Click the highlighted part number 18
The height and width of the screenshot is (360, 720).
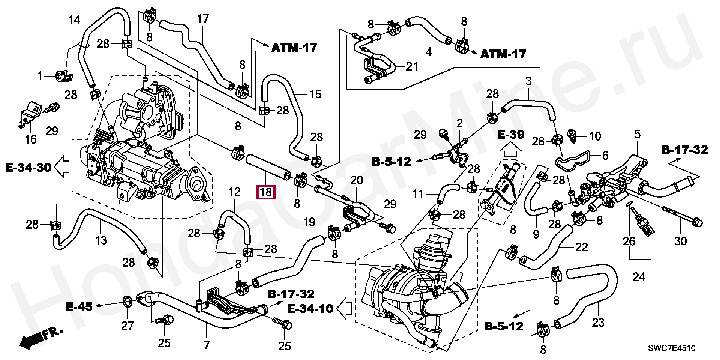pos(265,193)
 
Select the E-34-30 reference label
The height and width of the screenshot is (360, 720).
pos(28,167)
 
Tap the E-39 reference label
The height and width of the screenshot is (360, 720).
pos(510,135)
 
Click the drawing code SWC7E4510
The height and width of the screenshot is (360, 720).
pos(672,348)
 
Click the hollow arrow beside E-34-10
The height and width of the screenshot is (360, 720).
pos(344,308)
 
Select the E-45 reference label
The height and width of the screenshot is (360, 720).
pos(79,306)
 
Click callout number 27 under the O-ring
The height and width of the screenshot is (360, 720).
pos(127,325)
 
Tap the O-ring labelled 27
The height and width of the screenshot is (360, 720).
pos(127,301)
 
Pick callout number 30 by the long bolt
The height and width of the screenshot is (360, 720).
pos(680,241)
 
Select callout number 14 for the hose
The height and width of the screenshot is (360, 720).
pos(75,19)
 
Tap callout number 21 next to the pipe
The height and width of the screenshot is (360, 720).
pos(411,67)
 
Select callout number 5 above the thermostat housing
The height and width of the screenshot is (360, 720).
pos(637,134)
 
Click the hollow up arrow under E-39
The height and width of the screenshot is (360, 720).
pos(510,151)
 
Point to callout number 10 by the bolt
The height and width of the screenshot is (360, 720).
pos(595,136)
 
